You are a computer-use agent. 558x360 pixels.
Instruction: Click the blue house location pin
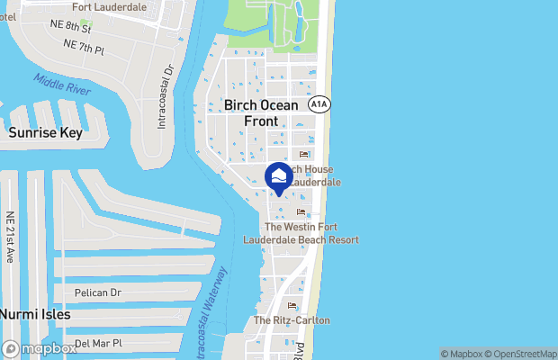pyautogui.click(x=279, y=177)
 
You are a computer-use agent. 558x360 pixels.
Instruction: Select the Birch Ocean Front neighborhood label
pyautogui.click(x=261, y=112)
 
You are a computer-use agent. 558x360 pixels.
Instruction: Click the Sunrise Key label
pyautogui.click(x=45, y=133)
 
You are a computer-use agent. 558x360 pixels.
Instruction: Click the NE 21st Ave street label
pyautogui.click(x=10, y=237)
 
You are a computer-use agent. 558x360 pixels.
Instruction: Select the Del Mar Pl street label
pyautogui.click(x=98, y=343)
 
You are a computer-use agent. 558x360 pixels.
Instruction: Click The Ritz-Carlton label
pyautogui.click(x=292, y=320)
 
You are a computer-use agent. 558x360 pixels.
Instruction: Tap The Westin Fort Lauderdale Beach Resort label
pyautogui.click(x=301, y=233)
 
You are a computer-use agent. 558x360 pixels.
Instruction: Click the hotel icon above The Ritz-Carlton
pyautogui.click(x=292, y=306)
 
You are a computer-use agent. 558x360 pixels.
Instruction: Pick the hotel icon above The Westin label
pyautogui.click(x=301, y=212)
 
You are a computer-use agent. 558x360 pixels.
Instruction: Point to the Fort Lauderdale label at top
pyautogui.click(x=110, y=5)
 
